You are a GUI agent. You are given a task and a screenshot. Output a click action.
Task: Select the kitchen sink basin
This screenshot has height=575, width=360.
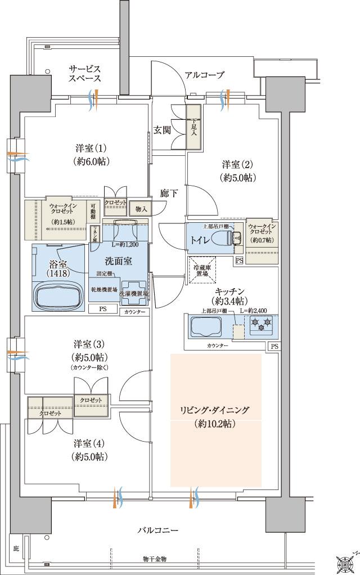coord(208,327)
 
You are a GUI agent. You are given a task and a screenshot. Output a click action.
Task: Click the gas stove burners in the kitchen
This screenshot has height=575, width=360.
coord(260,324)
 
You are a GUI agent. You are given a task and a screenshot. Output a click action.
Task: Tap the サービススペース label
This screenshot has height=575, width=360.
coord(85,73)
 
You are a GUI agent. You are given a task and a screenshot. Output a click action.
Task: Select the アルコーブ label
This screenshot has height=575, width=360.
coord(205,75)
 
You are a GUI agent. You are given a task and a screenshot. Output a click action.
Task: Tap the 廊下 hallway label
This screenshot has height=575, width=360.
coord(169,193)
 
